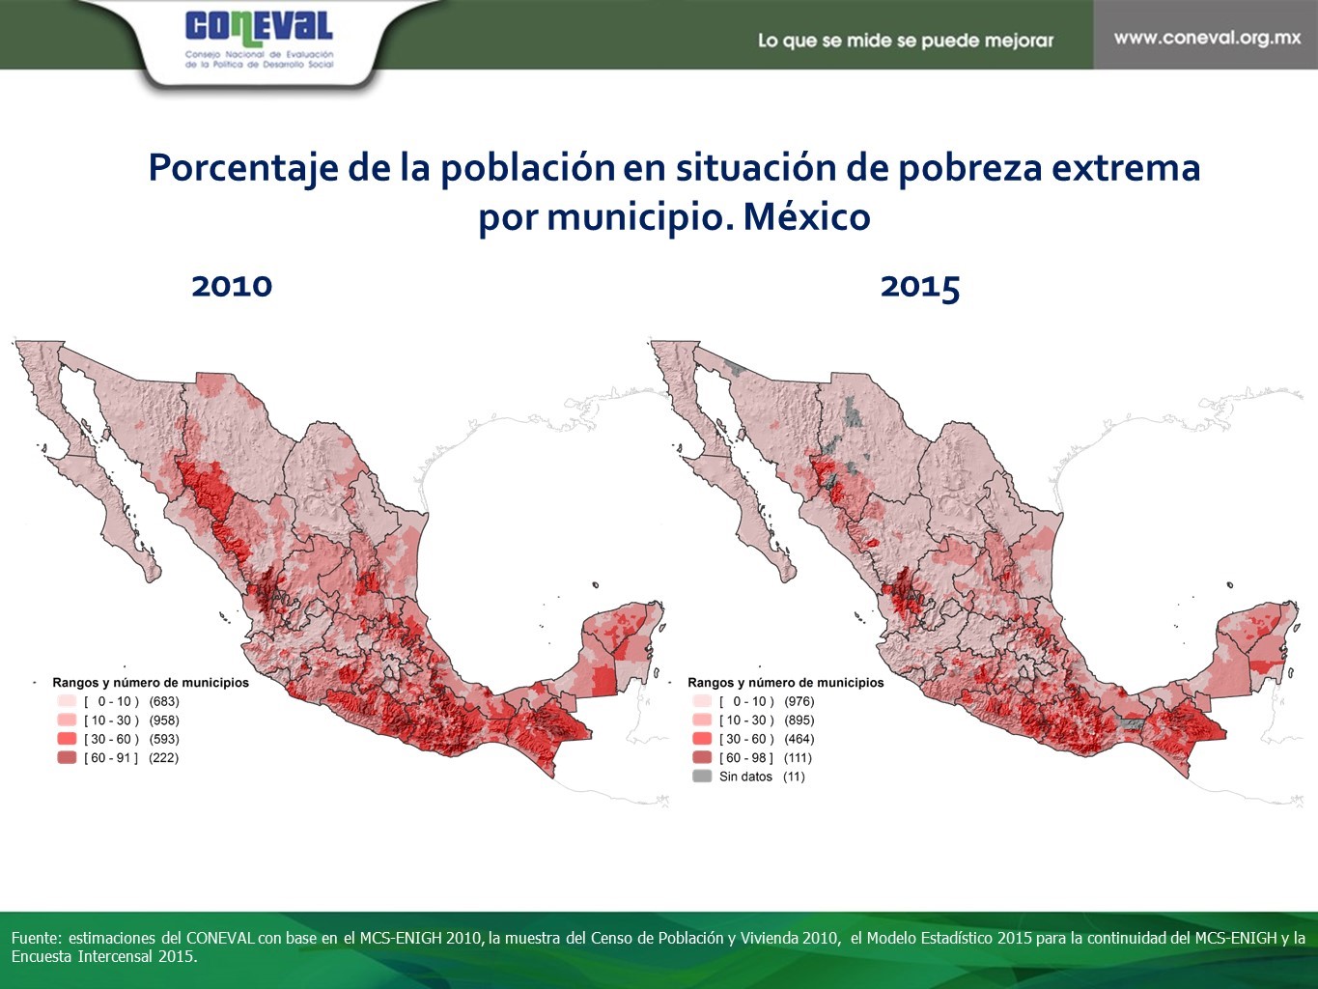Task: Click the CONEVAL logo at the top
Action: [259, 40]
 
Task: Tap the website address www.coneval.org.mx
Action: [1207, 38]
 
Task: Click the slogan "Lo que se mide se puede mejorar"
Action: [906, 41]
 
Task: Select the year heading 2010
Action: [232, 287]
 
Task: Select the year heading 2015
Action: [920, 287]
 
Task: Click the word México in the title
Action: [807, 216]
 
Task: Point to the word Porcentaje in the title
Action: [243, 168]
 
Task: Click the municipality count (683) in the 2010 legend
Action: [164, 701]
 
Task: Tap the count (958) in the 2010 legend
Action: [164, 720]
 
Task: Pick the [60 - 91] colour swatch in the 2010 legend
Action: [67, 758]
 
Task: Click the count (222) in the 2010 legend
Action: [164, 758]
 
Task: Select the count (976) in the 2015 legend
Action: [799, 701]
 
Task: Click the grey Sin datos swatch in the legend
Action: [702, 777]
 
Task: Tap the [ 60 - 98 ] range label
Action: [746, 758]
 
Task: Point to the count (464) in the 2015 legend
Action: [799, 739]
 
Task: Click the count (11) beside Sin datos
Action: [794, 777]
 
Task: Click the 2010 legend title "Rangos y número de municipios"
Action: [150, 683]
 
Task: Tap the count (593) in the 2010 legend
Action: [164, 739]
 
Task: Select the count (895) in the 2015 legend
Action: [799, 720]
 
